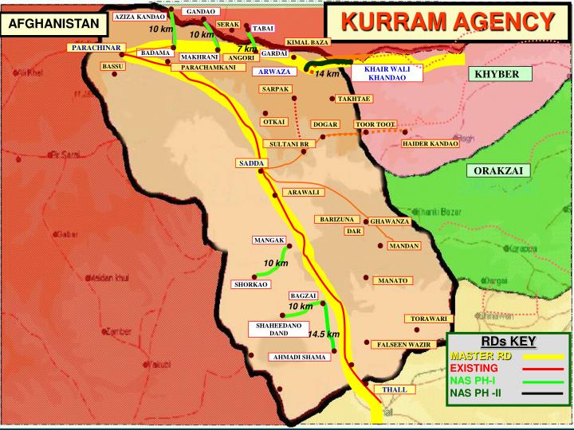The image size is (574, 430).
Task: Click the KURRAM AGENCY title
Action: point(450,21)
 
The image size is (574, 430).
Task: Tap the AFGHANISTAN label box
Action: point(54,24)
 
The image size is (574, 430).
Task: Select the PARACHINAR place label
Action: point(96,49)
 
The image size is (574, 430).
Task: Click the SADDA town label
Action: point(250,163)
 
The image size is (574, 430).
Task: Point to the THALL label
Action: point(395,389)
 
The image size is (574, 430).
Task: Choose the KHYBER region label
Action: point(497,74)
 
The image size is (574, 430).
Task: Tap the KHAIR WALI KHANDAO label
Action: point(386,73)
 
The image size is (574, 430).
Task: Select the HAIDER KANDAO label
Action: point(431,143)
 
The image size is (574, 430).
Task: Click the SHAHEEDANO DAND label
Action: point(278,329)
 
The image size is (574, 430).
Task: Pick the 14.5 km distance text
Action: point(324,334)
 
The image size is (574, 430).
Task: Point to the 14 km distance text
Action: point(327,74)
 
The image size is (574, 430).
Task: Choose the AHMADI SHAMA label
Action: point(301,358)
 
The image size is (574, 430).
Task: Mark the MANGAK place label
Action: point(269,240)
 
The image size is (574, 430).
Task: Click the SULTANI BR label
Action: point(289,143)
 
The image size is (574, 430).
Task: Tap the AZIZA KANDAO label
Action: point(140,17)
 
